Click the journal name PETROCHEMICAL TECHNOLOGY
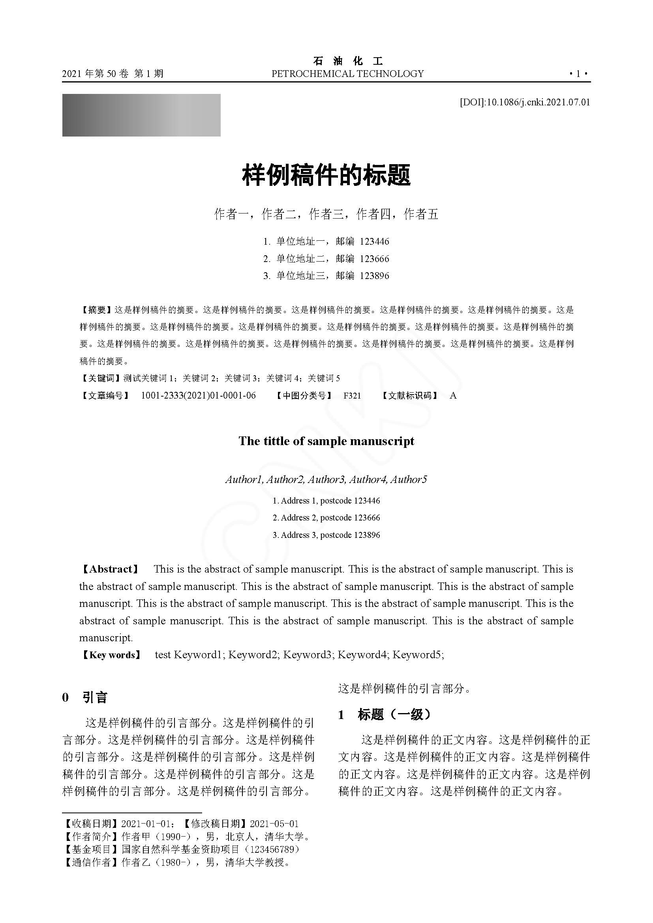(347, 74)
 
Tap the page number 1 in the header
(578, 74)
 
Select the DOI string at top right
(525, 102)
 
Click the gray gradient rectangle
(141, 115)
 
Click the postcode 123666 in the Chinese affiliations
(374, 259)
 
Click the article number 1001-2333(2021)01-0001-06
(198, 395)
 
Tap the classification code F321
(352, 395)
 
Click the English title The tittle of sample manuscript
(326, 442)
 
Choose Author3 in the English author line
(326, 479)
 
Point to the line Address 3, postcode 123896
(326, 535)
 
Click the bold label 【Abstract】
(110, 569)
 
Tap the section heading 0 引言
(85, 697)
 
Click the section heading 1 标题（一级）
(385, 715)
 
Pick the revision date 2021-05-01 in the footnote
(274, 824)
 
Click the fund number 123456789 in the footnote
(275, 849)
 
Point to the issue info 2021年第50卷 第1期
(113, 74)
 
